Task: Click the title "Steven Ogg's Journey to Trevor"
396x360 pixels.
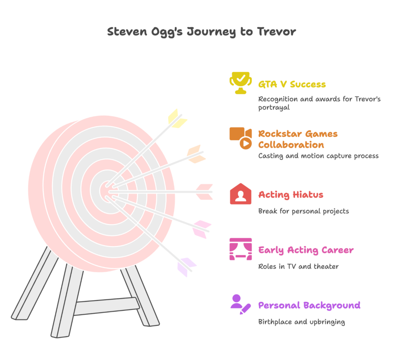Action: tap(201, 32)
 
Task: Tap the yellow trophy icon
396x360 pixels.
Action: tap(241, 82)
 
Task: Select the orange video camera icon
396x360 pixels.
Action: tap(241, 138)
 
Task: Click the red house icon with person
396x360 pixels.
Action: tap(241, 194)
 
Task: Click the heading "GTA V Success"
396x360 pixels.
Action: tap(292, 84)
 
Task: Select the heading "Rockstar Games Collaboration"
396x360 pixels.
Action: tap(297, 139)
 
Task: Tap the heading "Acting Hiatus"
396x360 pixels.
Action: tap(290, 195)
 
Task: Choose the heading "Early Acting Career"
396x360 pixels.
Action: tap(306, 250)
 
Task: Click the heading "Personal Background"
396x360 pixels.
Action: tap(309, 305)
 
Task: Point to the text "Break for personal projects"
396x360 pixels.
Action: tap(304, 211)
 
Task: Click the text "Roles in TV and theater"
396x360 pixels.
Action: tap(298, 266)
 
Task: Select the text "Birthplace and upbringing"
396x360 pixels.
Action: tap(301, 322)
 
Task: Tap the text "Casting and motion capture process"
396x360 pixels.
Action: tap(318, 156)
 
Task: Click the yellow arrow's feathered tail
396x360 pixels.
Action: tap(177, 118)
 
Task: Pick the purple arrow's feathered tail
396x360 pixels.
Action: tap(186, 266)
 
